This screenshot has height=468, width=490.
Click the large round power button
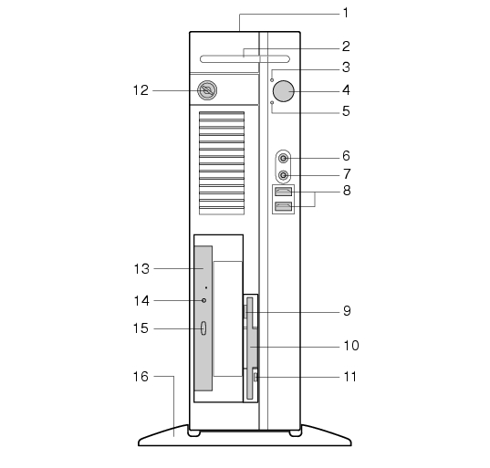pos(284,91)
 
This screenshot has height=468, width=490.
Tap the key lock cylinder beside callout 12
pos(207,90)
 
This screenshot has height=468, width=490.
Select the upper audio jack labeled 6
pos(283,159)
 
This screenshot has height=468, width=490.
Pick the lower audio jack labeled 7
pos(283,175)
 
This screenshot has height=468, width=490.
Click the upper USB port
pos(284,192)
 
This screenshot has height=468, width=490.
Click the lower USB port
pos(284,206)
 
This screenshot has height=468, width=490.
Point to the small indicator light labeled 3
pos(272,80)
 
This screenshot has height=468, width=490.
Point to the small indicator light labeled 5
pos(272,102)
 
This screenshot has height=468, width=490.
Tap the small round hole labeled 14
pos(203,300)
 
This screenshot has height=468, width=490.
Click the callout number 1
pos(345,13)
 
